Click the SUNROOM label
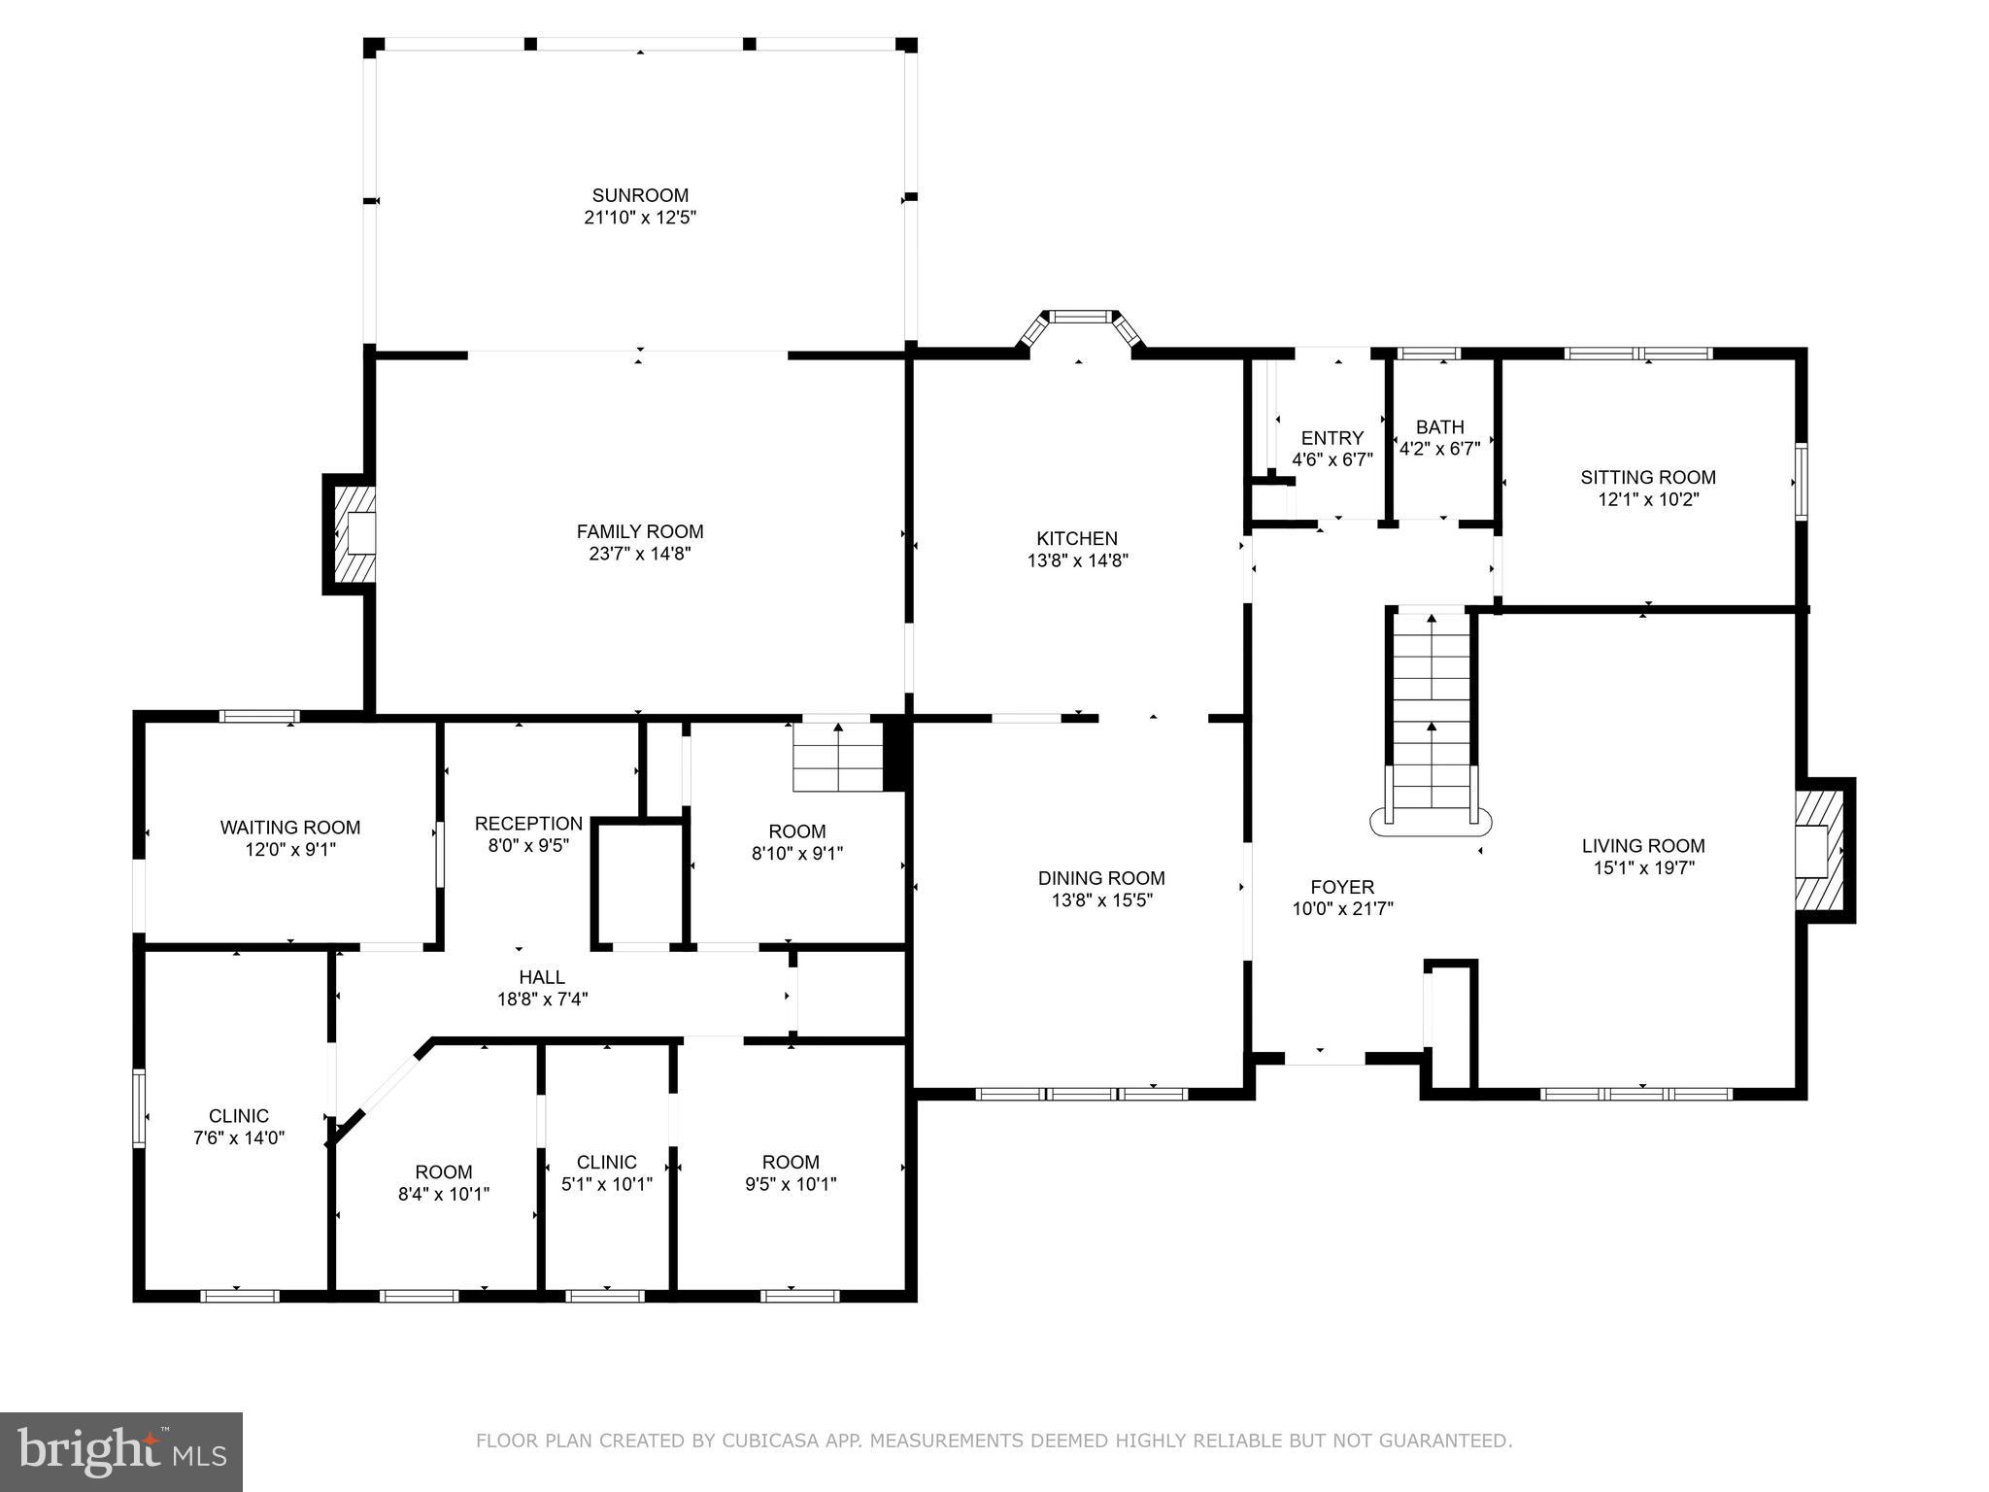(x=640, y=195)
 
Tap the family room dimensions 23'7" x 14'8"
(x=639, y=554)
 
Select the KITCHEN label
(x=1077, y=538)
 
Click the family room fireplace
(x=354, y=533)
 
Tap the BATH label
(x=1439, y=427)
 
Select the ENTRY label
(x=1332, y=438)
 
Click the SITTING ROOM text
(x=1647, y=477)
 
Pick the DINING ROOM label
(x=1101, y=878)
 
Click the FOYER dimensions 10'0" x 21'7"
(x=1342, y=909)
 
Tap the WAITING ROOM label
(x=289, y=828)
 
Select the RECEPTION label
(x=528, y=824)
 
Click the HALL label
(x=542, y=977)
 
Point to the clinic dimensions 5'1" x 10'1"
(x=607, y=1184)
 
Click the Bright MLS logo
(x=121, y=1451)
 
